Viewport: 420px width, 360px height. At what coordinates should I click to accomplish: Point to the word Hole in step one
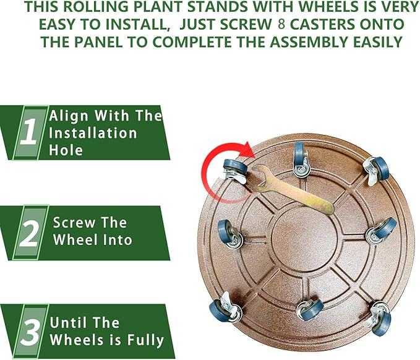pos(66,150)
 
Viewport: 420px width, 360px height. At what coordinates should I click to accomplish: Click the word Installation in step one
pos(93,132)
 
